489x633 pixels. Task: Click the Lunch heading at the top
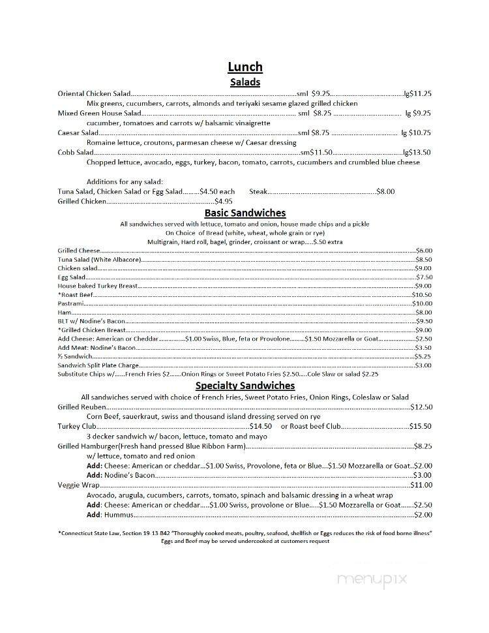pyautogui.click(x=244, y=67)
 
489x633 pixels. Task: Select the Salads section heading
pyautogui.click(x=244, y=82)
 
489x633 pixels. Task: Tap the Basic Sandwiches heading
pyautogui.click(x=244, y=213)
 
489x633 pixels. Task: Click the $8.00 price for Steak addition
pyautogui.click(x=385, y=191)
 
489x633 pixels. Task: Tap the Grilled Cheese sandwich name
pyautogui.click(x=79, y=251)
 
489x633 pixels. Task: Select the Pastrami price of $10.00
pyautogui.click(x=422, y=303)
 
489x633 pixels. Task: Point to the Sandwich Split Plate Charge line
pyautogui.click(x=98, y=365)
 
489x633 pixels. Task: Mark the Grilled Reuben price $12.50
pyautogui.click(x=421, y=407)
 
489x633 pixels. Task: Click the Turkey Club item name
pyautogui.click(x=77, y=426)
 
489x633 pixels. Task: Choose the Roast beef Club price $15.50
pyautogui.click(x=420, y=426)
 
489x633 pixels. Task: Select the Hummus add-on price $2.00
pyautogui.click(x=422, y=514)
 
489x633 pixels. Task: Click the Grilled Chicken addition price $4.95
pyautogui.click(x=224, y=201)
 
